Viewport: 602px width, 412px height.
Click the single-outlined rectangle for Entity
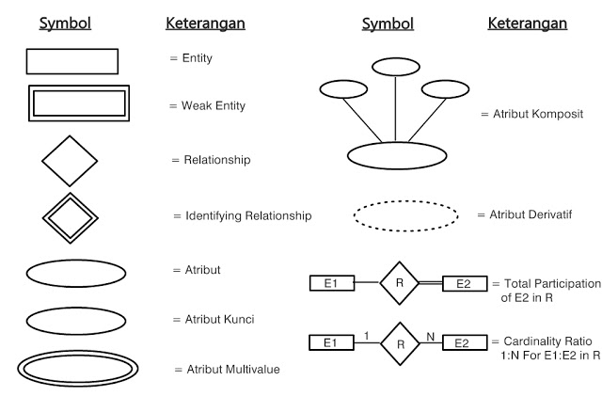pos(71,60)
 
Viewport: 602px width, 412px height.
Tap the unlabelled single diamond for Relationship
pos(69,160)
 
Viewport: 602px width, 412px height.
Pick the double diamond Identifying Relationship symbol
pos(69,217)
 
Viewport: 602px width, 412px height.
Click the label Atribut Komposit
pos(531,114)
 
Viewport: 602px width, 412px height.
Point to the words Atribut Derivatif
pos(528,214)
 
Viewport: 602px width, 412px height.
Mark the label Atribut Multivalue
pos(230,370)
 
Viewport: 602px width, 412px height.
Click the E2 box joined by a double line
pos(464,282)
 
